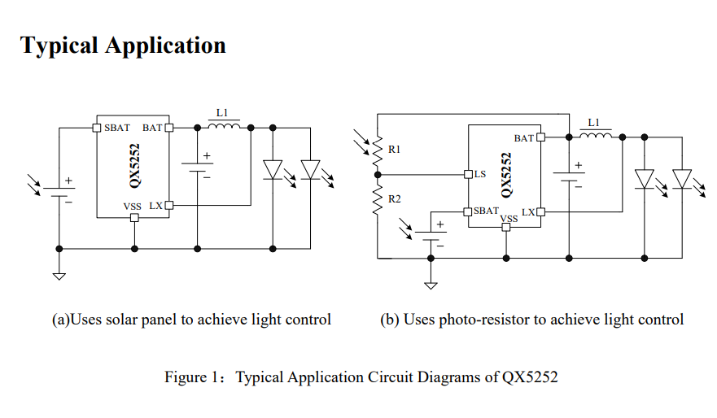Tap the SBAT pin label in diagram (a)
click(117, 128)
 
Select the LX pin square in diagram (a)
click(169, 205)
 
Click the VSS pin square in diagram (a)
click(134, 218)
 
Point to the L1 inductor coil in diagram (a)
click(224, 124)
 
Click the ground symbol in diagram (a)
click(59, 276)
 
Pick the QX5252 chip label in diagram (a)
click(134, 166)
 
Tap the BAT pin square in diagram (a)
click(169, 128)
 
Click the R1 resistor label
click(394, 150)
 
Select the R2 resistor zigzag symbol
click(378, 200)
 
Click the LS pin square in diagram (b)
click(468, 174)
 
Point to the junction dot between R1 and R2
click(378, 175)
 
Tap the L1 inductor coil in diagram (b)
click(596, 134)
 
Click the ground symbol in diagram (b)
click(431, 285)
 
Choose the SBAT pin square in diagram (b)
click(468, 211)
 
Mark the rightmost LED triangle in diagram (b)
click(682, 179)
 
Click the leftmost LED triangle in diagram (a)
click(273, 169)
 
